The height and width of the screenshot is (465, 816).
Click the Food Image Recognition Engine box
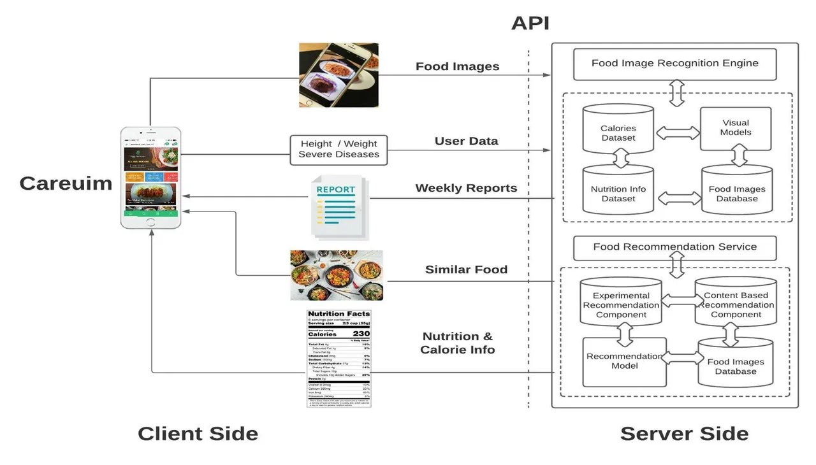coord(674,64)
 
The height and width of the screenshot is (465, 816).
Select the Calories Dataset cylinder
coord(618,132)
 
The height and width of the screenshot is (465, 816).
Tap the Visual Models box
coord(736,128)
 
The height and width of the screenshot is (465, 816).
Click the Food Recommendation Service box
coord(674,247)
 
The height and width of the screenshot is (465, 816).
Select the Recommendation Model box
coord(624,361)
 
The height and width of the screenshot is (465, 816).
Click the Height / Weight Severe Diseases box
coord(339,150)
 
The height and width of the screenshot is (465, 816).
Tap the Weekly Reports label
coord(466,188)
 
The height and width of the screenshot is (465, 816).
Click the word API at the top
coord(530,24)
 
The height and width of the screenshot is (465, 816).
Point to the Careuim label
coord(66,183)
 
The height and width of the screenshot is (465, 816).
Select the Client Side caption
coord(198,434)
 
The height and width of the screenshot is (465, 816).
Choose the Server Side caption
coord(684,434)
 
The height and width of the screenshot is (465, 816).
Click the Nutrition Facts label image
coord(339,358)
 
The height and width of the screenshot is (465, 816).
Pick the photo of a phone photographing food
coord(339,75)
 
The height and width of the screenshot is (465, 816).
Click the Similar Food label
coord(466,269)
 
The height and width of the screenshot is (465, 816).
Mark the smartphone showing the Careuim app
coord(150,178)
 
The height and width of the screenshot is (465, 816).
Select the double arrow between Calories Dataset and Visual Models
coord(677,132)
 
